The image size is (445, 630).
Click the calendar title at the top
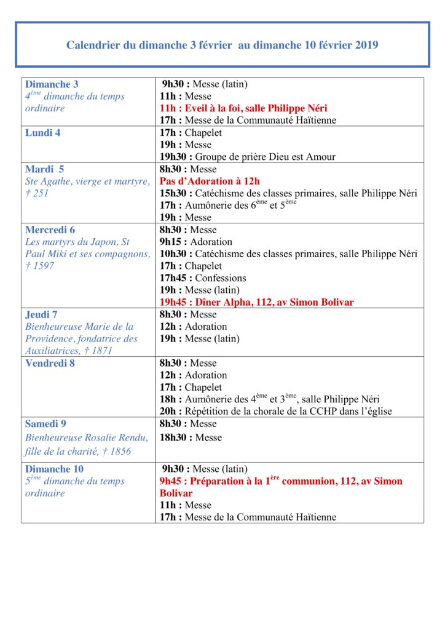tap(222, 45)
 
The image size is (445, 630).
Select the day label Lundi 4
tap(42, 133)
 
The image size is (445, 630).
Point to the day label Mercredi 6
tap(50, 230)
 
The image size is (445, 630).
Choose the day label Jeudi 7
tap(41, 314)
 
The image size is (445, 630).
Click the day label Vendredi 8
tap(49, 363)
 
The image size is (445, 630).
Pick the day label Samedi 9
tap(45, 424)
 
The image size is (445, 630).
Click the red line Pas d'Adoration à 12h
tap(210, 181)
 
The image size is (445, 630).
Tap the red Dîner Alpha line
tap(256, 302)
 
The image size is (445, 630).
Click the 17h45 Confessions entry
tap(203, 278)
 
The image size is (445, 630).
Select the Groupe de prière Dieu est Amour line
tap(248, 157)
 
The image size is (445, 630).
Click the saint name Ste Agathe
tap(51, 181)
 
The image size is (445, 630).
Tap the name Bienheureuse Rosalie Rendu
tap(87, 437)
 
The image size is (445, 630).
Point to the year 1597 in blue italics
tap(44, 266)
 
